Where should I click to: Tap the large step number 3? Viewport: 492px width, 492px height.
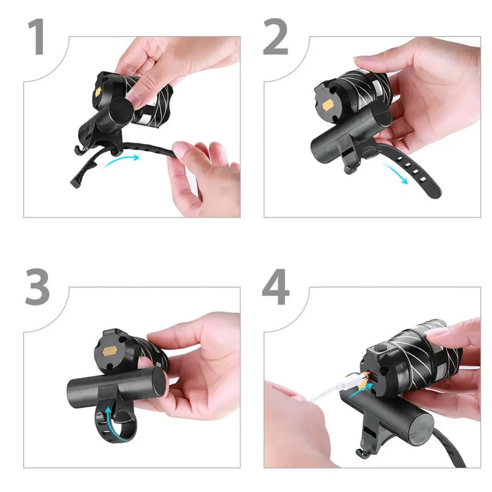37,286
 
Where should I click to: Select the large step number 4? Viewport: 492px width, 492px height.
276,286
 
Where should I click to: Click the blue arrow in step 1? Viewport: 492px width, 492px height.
122,159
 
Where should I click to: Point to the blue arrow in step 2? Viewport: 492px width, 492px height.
396,173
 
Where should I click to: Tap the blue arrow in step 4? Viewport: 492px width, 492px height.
361,390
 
